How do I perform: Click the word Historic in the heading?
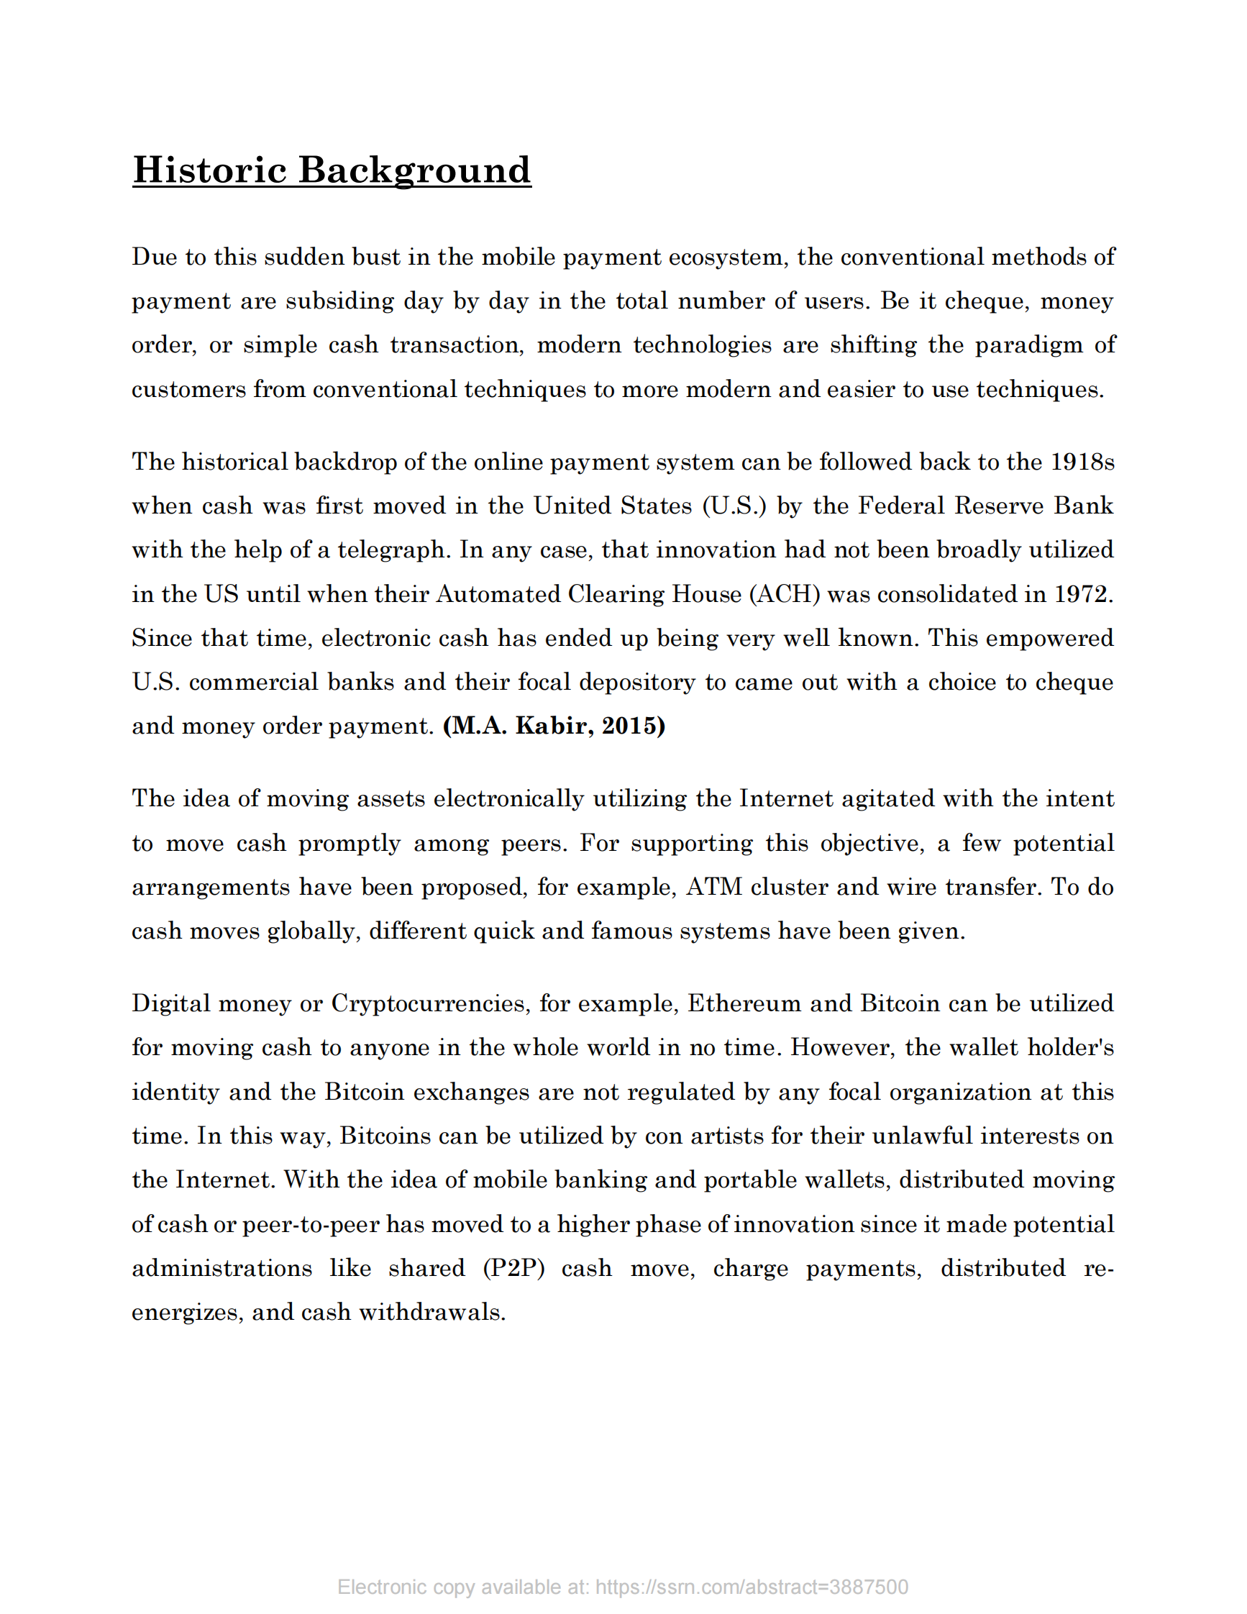209,170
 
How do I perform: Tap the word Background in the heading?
414,170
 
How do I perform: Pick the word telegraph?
392,550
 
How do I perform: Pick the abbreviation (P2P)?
513,1268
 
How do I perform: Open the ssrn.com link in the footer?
752,1587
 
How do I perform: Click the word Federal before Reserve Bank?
901,506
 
